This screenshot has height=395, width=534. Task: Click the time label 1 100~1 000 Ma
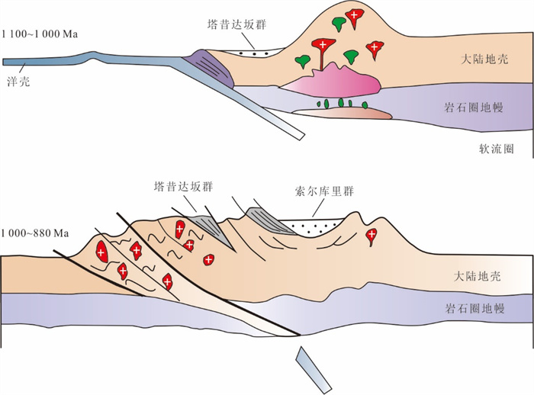click(40, 34)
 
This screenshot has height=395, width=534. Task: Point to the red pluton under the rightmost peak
click(372, 234)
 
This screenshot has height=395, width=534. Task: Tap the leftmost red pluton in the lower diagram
click(101, 249)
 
